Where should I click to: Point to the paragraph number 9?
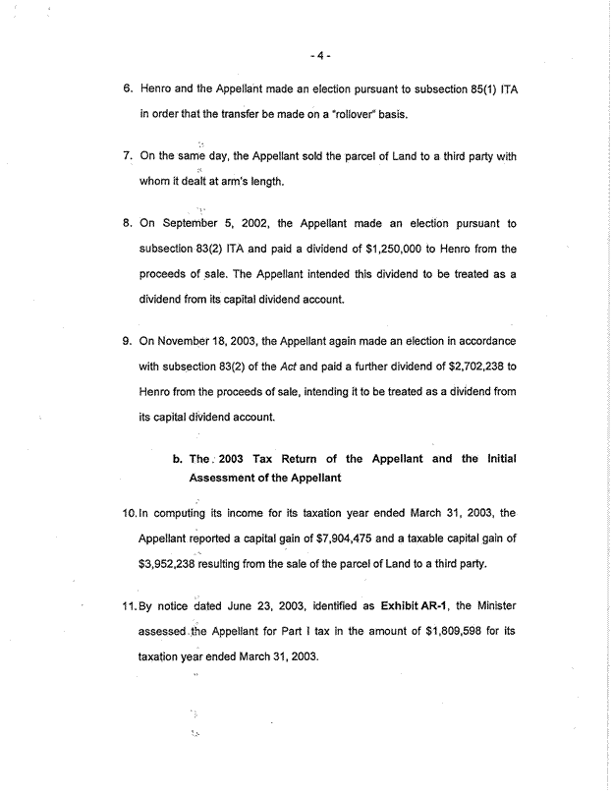128,340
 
